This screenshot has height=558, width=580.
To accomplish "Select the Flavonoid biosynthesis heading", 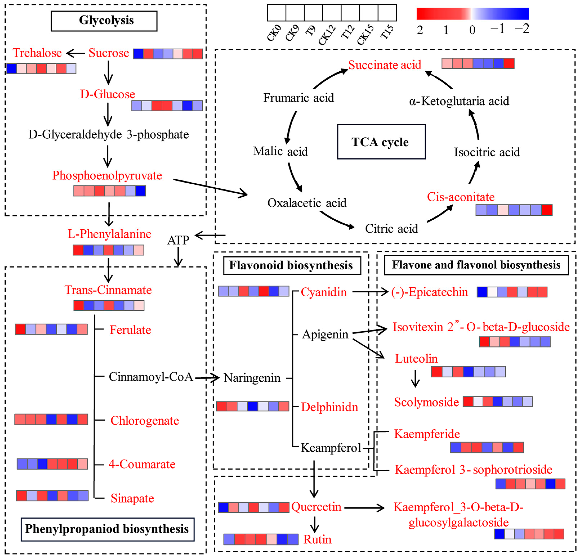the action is pos(292,265).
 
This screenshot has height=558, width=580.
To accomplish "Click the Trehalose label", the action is pos(37,53).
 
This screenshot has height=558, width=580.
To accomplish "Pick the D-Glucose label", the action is pos(108,94).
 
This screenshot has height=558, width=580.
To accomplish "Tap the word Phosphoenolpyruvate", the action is pos(107,175).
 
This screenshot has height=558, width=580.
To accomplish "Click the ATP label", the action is pos(178,240).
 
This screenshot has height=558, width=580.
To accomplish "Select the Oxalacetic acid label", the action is pos(307,203).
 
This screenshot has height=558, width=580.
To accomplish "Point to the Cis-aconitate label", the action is pos(461,197).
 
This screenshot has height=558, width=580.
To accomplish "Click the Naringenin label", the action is pos(252,378).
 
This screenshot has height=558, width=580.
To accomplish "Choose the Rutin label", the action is pos(317,539).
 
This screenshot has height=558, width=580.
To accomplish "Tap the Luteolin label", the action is pos(416,359).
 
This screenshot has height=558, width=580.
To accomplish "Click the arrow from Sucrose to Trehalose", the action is pos(76,53).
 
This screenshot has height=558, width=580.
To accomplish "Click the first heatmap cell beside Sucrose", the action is pos(138,54).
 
